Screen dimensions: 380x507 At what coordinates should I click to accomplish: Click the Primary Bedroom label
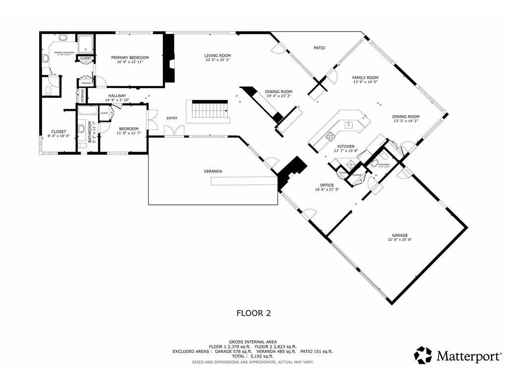(130, 57)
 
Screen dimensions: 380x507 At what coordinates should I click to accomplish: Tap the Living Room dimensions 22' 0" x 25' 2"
(218, 60)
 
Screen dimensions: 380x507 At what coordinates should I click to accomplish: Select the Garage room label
(400, 236)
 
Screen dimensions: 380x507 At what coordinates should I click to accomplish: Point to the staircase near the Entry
(208, 108)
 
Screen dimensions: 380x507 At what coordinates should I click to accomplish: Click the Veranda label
(213, 171)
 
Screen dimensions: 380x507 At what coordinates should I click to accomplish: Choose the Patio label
(319, 48)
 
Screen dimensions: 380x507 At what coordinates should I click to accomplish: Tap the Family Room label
(365, 78)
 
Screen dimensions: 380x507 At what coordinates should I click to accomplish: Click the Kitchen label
(346, 147)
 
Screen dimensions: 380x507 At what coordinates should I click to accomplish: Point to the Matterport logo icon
(423, 355)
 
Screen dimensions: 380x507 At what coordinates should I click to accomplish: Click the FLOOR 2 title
(253, 313)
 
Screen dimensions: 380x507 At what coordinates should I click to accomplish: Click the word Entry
(172, 118)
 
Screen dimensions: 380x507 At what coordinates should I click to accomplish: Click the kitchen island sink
(349, 125)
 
